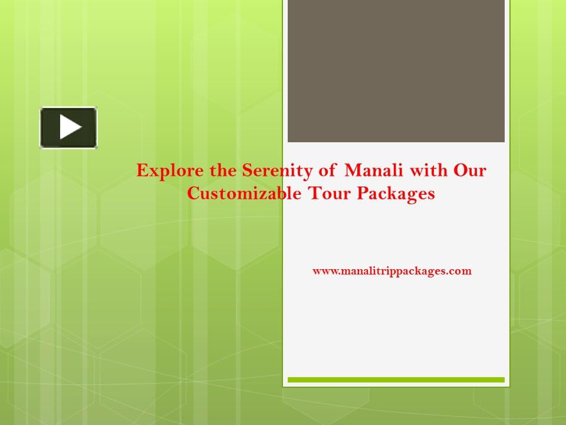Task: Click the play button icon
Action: click(68, 127)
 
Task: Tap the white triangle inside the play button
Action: click(70, 127)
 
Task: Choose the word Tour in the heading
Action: click(330, 194)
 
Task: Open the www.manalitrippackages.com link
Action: click(392, 271)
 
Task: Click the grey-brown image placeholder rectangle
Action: click(396, 71)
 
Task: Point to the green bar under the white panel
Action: click(396, 380)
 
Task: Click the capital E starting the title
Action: click(141, 172)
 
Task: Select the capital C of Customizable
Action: click(193, 194)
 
